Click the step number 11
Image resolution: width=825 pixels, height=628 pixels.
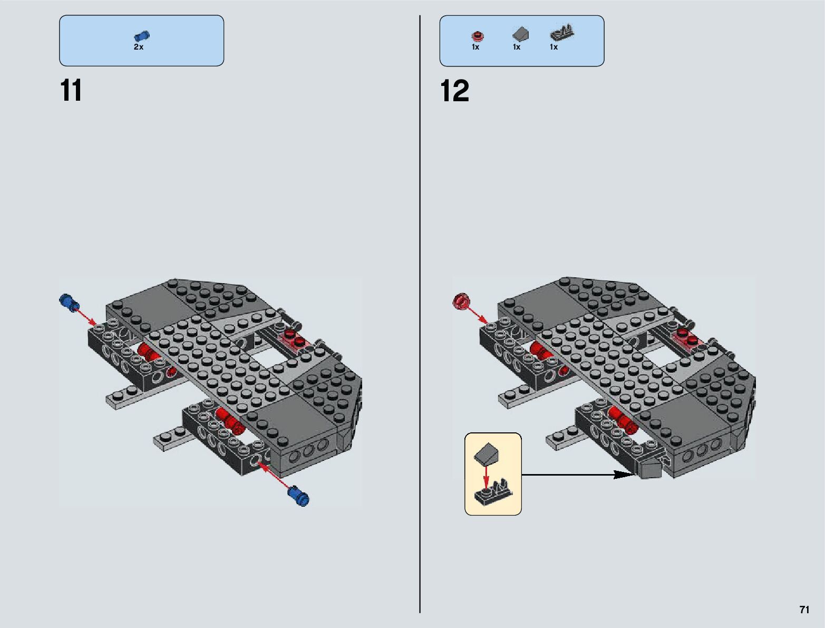tap(71, 91)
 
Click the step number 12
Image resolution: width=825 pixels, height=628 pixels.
tap(454, 91)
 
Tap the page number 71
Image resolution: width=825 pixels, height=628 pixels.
tap(804, 610)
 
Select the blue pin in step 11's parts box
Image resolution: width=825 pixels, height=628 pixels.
tap(142, 36)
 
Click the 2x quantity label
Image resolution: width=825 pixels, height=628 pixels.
tap(139, 47)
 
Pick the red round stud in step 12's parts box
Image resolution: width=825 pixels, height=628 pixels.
tap(477, 36)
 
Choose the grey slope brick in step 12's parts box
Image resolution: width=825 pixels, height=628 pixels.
tap(520, 35)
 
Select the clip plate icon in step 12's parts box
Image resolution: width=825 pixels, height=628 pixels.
tap(562, 34)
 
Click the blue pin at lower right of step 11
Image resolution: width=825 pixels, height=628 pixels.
tap(298, 496)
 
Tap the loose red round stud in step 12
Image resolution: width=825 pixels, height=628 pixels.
tap(461, 301)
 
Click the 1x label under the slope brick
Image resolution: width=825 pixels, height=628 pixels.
tap(517, 47)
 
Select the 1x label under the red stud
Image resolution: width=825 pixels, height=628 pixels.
tap(475, 47)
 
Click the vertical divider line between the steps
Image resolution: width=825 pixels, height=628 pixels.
tap(420, 316)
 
